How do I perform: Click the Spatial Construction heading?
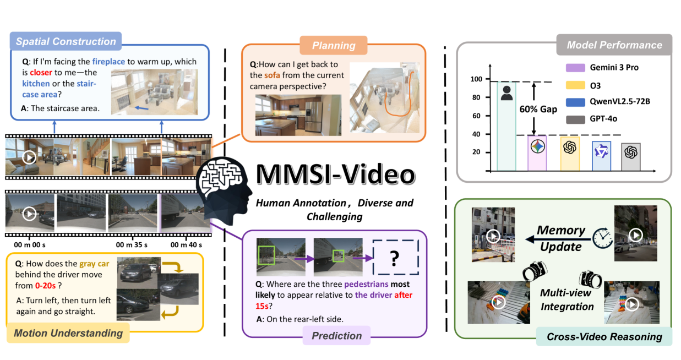[66, 42]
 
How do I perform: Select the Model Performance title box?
[614, 45]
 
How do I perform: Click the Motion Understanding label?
[68, 333]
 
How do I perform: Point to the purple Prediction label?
[336, 336]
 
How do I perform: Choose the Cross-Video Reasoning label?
[604, 337]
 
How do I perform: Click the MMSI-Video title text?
[335, 174]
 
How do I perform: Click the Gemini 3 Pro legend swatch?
[574, 68]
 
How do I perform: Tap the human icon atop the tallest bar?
[506, 94]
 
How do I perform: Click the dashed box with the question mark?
[395, 258]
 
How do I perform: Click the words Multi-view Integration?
[566, 299]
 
